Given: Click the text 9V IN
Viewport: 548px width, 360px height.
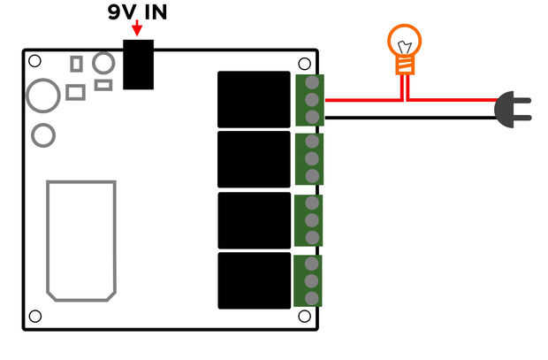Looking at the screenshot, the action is pos(137,11).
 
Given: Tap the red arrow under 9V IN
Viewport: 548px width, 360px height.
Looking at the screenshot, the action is pos(137,28).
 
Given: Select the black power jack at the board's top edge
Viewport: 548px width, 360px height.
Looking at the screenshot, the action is pos(139,65).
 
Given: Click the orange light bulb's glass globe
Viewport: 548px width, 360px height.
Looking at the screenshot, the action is pos(405,40).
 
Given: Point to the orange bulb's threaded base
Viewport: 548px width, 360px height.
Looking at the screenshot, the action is pos(405,65).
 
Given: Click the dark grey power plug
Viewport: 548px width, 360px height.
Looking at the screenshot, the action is pos(513,110).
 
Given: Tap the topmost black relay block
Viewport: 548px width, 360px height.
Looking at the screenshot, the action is pos(254,99).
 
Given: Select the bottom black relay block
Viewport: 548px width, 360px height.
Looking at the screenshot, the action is pos(255,280).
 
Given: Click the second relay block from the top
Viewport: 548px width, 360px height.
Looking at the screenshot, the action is pos(254,159).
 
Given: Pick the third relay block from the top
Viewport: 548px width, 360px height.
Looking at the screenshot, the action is pos(255,220).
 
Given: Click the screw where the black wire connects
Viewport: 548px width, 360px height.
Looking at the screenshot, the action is pos(312,118).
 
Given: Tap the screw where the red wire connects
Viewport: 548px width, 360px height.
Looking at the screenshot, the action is pos(312,100).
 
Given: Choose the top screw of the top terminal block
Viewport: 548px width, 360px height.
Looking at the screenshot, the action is pos(312,82).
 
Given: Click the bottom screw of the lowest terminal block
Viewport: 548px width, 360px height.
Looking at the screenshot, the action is pos(311,298).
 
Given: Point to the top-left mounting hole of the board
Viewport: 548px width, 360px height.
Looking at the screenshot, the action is pos(34,61).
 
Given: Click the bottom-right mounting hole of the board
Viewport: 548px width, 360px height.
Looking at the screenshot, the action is pos(304,317).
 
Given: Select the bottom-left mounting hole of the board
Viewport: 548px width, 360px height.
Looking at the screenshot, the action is pos(35,317).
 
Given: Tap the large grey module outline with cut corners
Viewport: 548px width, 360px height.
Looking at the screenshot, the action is pos(47,241).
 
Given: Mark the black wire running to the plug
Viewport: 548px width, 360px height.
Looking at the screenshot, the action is pos(411,118).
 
